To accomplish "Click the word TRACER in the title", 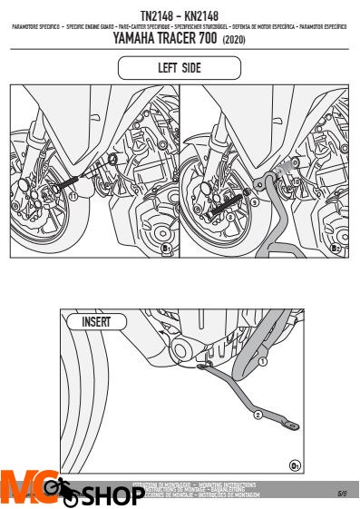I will click(196, 39).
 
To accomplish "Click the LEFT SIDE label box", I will click(180, 68).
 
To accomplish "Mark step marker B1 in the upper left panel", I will click(165, 248).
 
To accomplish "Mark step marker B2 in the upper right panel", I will click(335, 248).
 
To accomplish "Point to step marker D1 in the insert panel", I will click(295, 465).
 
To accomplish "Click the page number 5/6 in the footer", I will click(343, 494).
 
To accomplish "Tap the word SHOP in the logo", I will click(111, 496).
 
